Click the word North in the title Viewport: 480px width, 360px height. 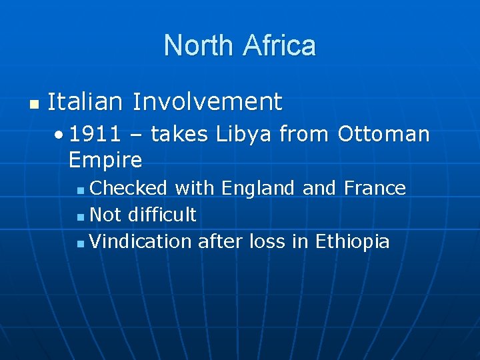(199, 45)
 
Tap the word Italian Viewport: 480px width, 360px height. (85, 102)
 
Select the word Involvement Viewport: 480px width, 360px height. (207, 102)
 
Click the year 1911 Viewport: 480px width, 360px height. (95, 134)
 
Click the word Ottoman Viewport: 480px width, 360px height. (383, 134)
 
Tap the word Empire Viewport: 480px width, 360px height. (105, 160)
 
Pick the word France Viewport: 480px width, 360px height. (375, 188)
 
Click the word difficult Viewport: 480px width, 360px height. (162, 215)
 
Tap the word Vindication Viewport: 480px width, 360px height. (141, 241)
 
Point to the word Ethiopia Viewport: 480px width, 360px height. (352, 241)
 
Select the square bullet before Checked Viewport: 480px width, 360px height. (80, 190)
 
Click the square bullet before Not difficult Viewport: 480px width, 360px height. (80, 217)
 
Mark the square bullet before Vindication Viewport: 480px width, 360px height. (80, 243)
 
